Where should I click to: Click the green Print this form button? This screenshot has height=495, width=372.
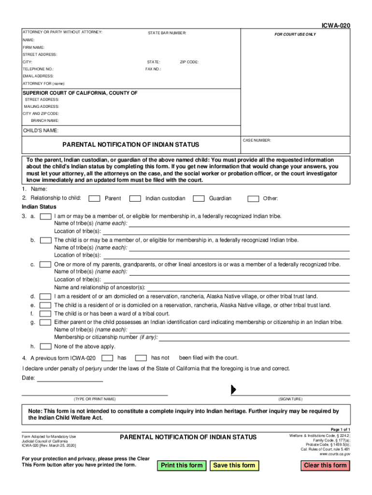coord(182,466)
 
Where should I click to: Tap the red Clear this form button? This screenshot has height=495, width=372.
coord(325,466)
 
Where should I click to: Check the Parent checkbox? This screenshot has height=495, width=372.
coord(96,199)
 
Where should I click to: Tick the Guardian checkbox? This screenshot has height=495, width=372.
coord(199,199)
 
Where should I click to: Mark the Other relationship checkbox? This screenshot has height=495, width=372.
coord(253,199)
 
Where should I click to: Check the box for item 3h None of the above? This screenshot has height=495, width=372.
coord(45,347)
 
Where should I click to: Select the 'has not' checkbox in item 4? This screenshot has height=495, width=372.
coord(141,358)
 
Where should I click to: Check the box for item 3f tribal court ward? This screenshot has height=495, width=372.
coord(45,314)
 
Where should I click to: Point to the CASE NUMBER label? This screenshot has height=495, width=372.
coord(257,141)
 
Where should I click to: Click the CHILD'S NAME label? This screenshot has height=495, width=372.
coord(41,131)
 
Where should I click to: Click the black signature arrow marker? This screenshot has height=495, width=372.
coord(233,390)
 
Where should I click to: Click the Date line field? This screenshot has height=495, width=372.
coord(70,379)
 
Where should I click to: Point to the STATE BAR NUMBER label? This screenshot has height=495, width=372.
coord(167,33)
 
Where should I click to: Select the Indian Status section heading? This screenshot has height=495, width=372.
coord(39,207)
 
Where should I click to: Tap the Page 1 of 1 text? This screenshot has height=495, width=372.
coord(340,430)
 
